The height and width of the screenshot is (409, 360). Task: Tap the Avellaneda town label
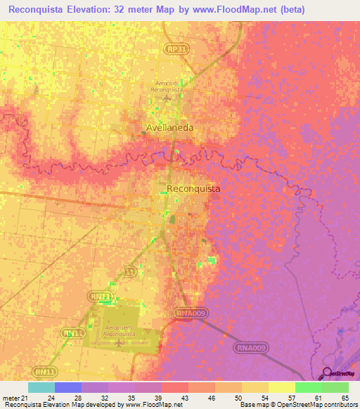point(169,127)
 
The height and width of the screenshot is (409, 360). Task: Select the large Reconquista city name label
point(193,188)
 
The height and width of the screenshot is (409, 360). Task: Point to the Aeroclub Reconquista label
point(167,86)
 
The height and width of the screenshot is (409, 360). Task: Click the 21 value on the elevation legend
point(25,398)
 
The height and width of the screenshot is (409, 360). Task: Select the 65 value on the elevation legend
point(345,398)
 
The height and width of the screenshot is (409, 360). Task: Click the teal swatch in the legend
point(41,387)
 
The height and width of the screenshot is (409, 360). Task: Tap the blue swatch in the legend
point(67,387)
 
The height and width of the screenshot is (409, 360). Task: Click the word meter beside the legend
point(10,398)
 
